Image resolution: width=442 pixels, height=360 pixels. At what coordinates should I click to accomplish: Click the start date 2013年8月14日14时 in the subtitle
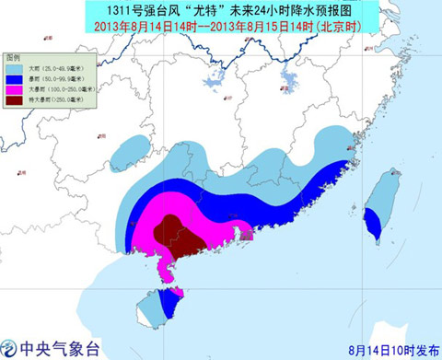point(146,25)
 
